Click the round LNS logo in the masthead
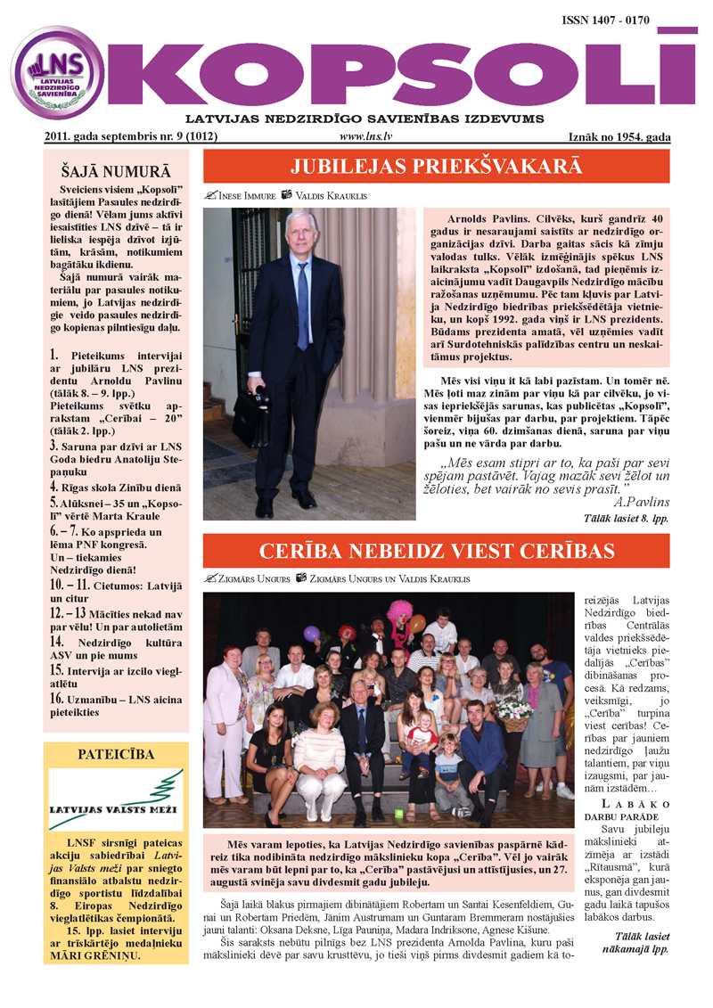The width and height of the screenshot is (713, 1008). coord(58,73)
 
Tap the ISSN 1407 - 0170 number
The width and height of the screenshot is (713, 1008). coord(618,19)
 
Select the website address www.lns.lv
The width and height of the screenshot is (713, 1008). coord(367,136)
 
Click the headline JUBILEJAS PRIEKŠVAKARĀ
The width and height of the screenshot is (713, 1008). coord(436,167)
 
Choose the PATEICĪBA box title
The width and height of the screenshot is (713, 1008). coord(116,754)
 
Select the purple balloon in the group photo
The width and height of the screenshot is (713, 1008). coord(311,633)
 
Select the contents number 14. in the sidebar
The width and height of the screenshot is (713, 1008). coord(56,640)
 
